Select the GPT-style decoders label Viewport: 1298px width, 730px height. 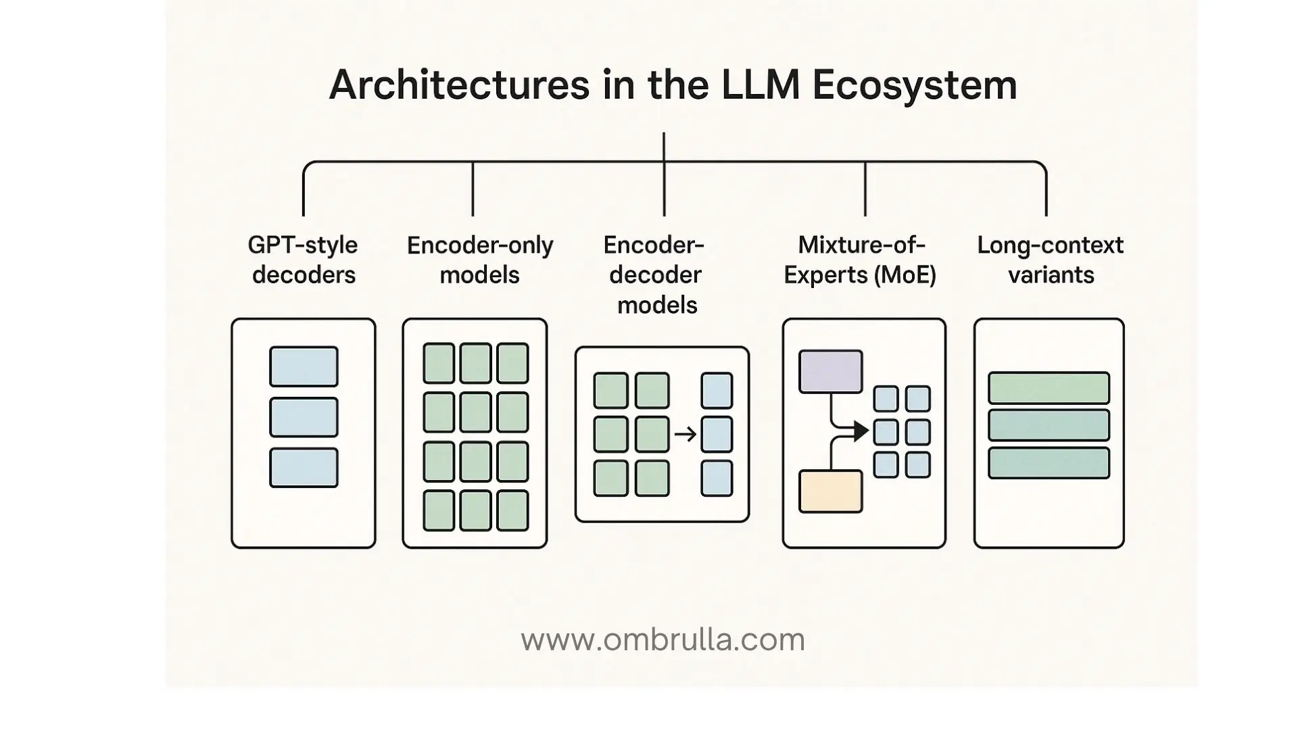pyautogui.click(x=303, y=260)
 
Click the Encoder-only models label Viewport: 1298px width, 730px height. pyautogui.click(x=480, y=260)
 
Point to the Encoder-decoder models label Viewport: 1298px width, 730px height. pyautogui.click(x=654, y=274)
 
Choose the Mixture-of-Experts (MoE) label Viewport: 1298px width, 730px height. pyautogui.click(x=860, y=260)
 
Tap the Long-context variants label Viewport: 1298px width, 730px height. pyautogui.click(x=1050, y=260)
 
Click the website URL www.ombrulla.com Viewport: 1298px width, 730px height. pyautogui.click(x=663, y=639)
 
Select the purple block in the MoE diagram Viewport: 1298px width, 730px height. pyautogui.click(x=830, y=371)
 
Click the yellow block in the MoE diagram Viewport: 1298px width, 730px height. pyautogui.click(x=830, y=491)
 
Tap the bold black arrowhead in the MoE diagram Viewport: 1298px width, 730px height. pyautogui.click(x=861, y=431)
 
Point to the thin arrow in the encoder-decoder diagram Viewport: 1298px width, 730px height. pyautogui.click(x=685, y=434)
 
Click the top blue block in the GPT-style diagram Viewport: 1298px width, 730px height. pyautogui.click(x=304, y=366)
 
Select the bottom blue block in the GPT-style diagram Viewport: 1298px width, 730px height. pyautogui.click(x=304, y=467)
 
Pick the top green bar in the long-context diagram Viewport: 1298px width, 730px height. pyautogui.click(x=1049, y=388)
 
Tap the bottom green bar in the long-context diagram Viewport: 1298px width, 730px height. pyautogui.click(x=1049, y=463)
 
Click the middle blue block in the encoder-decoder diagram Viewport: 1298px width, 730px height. pyautogui.click(x=717, y=434)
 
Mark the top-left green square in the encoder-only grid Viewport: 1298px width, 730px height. pyautogui.click(x=439, y=363)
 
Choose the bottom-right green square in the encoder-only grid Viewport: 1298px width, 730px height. pyautogui.click(x=512, y=510)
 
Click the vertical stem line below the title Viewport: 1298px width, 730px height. pyautogui.click(x=664, y=147)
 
